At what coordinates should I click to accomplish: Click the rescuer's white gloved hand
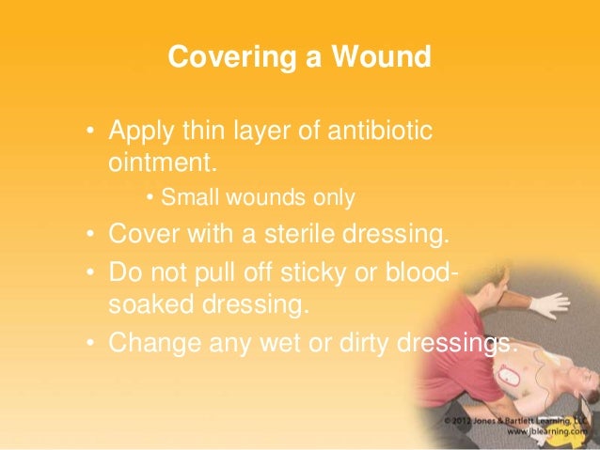[547, 303]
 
